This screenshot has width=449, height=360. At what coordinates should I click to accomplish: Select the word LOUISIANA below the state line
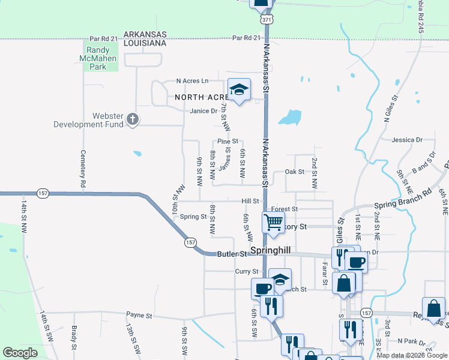[145, 43]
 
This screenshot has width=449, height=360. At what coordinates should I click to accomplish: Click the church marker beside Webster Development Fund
[133, 120]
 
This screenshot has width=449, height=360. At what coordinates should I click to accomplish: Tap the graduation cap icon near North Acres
[239, 90]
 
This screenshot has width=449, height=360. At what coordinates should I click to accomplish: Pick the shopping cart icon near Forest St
[273, 223]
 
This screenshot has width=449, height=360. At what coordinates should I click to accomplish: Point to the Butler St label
[232, 254]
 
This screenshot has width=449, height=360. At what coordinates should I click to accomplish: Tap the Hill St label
[250, 202]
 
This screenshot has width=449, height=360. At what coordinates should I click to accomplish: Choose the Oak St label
[295, 172]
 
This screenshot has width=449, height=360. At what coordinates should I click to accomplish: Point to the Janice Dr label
[203, 111]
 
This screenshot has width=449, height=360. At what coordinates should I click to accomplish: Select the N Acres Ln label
[192, 81]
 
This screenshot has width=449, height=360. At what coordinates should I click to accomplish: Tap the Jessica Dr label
[406, 140]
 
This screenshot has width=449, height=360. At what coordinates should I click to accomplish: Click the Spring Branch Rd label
[403, 200]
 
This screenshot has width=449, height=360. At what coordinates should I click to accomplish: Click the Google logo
[20, 353]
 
